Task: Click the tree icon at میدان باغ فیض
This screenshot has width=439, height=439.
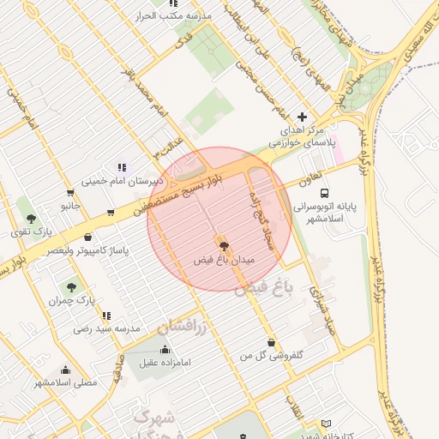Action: [225, 246]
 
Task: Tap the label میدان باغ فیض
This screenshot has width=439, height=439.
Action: [225, 260]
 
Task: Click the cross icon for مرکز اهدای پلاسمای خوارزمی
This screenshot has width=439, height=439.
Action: [302, 117]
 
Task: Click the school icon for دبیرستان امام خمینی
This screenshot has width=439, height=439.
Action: [122, 167]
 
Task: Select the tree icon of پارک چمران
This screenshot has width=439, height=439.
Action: [69, 287]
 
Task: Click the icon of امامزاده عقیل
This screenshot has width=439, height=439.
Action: [165, 349]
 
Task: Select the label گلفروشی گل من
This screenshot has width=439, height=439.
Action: [273, 354]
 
